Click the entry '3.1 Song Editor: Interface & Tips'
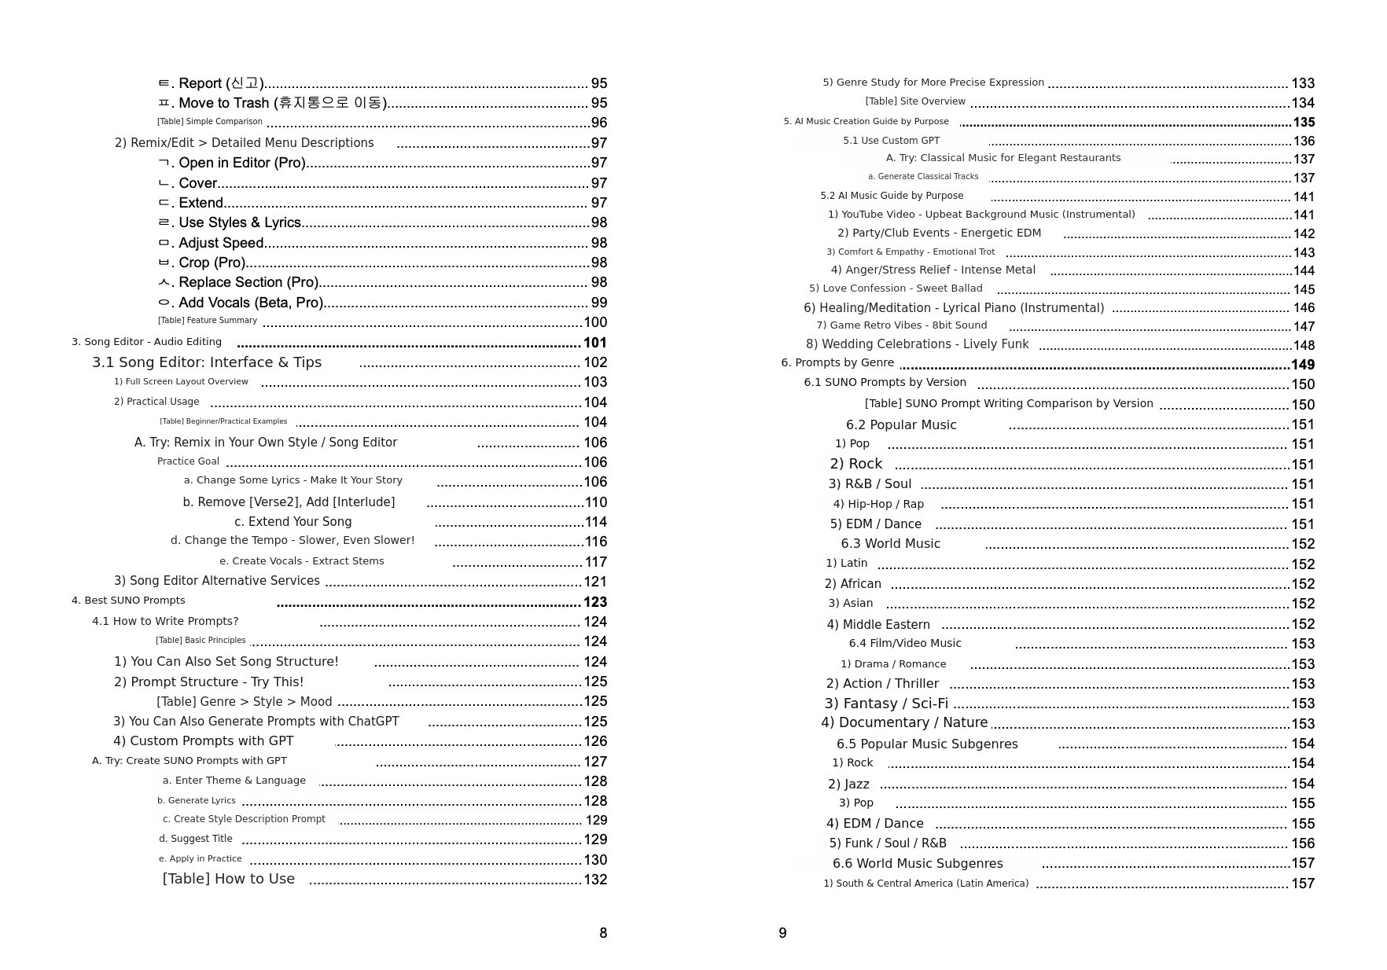point(207,362)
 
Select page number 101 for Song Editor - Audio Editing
point(594,343)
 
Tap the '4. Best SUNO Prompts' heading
point(128,601)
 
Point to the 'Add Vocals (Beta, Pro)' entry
point(250,303)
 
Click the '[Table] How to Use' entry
point(229,879)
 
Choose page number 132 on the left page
point(594,880)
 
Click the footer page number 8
point(603,933)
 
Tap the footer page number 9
point(782,933)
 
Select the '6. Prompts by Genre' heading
point(837,362)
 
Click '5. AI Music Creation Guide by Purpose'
point(866,122)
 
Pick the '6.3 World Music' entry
point(890,544)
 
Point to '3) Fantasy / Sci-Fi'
point(886,704)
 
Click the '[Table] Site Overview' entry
point(915,101)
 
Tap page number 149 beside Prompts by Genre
point(1302,365)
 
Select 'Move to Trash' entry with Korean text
point(281,103)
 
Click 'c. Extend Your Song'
point(292,522)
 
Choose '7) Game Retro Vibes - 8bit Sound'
point(901,325)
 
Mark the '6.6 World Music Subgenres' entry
point(918,863)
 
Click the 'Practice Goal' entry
point(188,461)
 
